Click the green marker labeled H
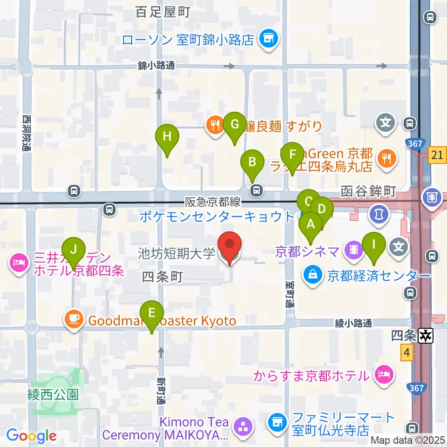(167, 138)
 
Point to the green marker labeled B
(252, 163)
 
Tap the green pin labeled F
(292, 155)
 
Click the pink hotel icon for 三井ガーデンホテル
(19, 264)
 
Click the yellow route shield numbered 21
(438, 155)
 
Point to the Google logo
(31, 436)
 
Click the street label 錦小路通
(156, 66)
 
